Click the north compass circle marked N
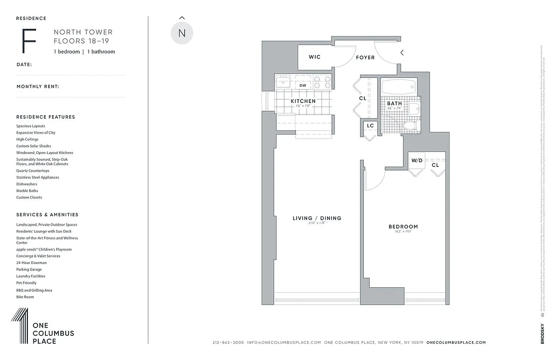pyautogui.click(x=182, y=33)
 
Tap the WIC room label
pyautogui.click(x=314, y=57)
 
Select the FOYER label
pyautogui.click(x=365, y=58)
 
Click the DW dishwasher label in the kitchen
pyautogui.click(x=303, y=85)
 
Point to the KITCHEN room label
pyautogui.click(x=303, y=101)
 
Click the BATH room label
pyautogui.click(x=394, y=103)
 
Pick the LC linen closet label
pyautogui.click(x=370, y=126)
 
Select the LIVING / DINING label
pyautogui.click(x=317, y=218)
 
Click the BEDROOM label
pyautogui.click(x=403, y=227)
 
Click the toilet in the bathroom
pyautogui.click(x=410, y=126)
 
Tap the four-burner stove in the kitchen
pyautogui.click(x=322, y=82)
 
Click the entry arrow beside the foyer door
pyautogui.click(x=402, y=53)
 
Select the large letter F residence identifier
pyautogui.click(x=29, y=41)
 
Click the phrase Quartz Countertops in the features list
pyautogui.click(x=33, y=171)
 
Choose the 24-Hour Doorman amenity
pyautogui.click(x=32, y=263)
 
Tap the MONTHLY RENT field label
pyautogui.click(x=38, y=86)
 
